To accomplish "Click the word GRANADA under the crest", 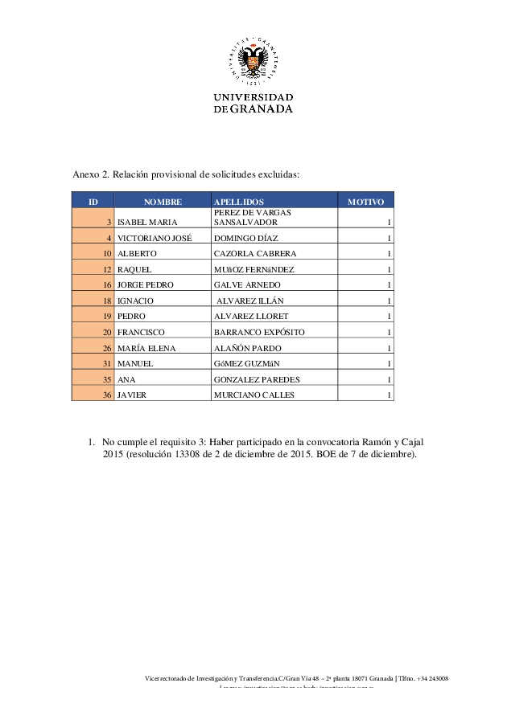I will tap(262, 109).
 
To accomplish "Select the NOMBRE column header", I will tap(163, 202).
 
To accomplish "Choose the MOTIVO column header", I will tap(365, 202).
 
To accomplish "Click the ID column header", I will tap(93, 202).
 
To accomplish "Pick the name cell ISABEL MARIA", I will tap(147, 222).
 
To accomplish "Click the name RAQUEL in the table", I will tap(134, 269).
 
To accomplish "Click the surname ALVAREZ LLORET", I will tap(251, 317).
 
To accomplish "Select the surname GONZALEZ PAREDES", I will tap(257, 379).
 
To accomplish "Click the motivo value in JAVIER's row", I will tap(389, 395).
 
